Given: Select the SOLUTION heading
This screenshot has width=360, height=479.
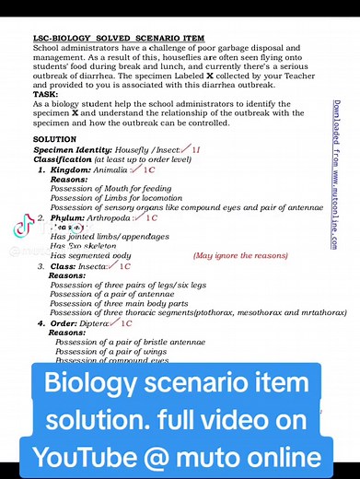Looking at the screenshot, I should (53, 139).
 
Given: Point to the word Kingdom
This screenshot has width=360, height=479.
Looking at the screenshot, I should (71, 170).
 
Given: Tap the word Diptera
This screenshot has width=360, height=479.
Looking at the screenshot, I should (96, 323).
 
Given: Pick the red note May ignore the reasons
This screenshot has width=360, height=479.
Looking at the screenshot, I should (240, 255).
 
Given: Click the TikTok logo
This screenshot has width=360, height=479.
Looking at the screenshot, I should (21, 230).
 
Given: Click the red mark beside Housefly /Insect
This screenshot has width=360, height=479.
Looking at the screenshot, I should (190, 148).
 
